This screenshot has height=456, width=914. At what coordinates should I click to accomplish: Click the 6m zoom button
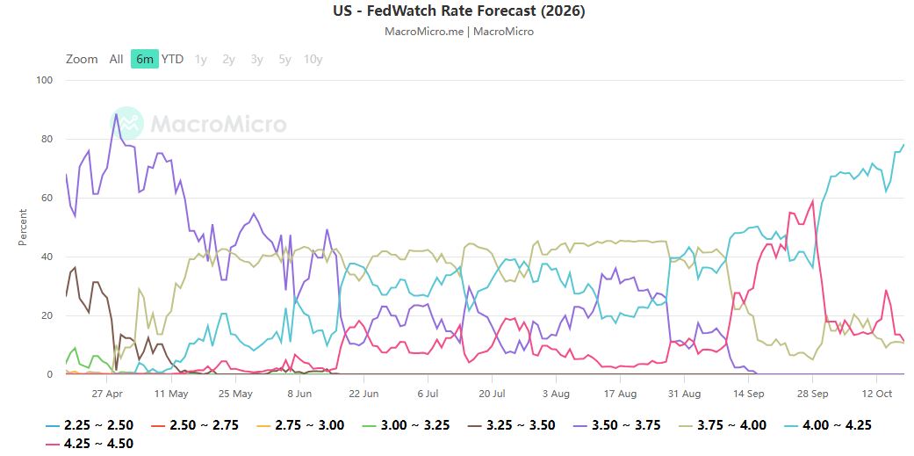(145, 59)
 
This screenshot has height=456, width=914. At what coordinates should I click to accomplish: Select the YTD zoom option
(173, 59)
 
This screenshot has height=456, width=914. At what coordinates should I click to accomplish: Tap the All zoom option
(116, 59)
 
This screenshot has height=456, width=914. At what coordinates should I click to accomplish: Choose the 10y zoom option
(313, 59)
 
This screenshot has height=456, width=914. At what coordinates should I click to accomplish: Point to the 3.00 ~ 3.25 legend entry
(406, 425)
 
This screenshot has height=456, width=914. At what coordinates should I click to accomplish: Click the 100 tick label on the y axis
(45, 81)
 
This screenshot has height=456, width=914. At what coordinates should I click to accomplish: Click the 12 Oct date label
(876, 394)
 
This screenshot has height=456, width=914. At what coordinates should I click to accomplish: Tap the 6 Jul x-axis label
(428, 394)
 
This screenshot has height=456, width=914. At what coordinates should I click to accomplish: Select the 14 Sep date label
(749, 394)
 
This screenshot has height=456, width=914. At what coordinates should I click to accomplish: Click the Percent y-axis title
(23, 227)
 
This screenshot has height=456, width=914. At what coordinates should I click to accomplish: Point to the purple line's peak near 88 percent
(116, 113)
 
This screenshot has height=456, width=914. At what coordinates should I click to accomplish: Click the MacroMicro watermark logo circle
(126, 123)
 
